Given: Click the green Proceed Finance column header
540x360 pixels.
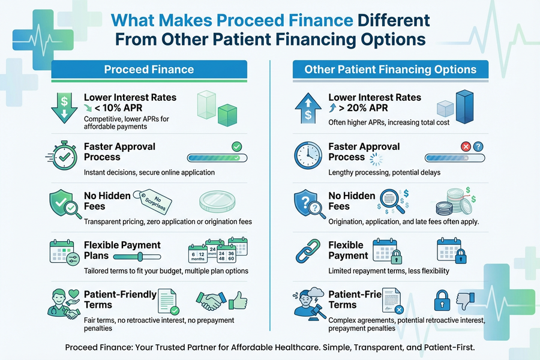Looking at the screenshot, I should [149, 70].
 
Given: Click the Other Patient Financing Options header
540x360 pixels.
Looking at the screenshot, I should [390, 70].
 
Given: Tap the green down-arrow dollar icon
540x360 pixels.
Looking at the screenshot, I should [62, 107].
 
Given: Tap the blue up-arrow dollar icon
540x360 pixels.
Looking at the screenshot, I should [307, 107].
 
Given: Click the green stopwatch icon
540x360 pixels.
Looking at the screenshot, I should [62, 156].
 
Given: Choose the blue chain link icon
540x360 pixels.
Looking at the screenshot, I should [307, 252].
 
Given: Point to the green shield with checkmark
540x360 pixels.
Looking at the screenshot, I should [62, 204].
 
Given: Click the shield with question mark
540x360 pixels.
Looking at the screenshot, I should [307, 204].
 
